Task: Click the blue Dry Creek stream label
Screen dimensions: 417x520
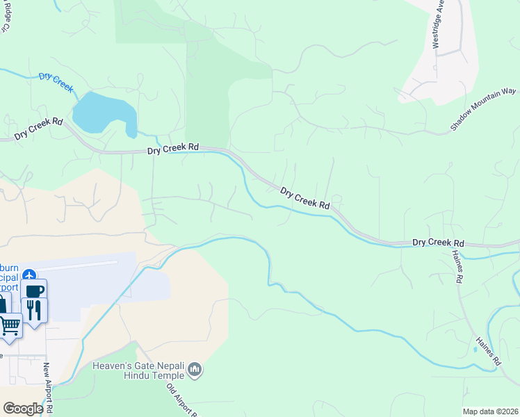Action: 56,82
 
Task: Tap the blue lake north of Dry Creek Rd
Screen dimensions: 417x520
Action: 101,113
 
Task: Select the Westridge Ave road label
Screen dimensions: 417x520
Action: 437,28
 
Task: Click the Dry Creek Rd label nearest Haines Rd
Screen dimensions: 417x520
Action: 438,243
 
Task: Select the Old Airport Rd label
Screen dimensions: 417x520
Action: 179,398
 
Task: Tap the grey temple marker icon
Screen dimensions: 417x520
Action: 195,370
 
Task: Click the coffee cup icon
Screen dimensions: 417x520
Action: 34,289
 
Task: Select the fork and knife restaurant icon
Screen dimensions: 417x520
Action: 33,309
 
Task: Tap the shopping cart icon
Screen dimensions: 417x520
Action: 10,325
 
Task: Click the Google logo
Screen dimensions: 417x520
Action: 23,409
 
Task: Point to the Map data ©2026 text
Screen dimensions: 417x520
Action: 490,411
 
